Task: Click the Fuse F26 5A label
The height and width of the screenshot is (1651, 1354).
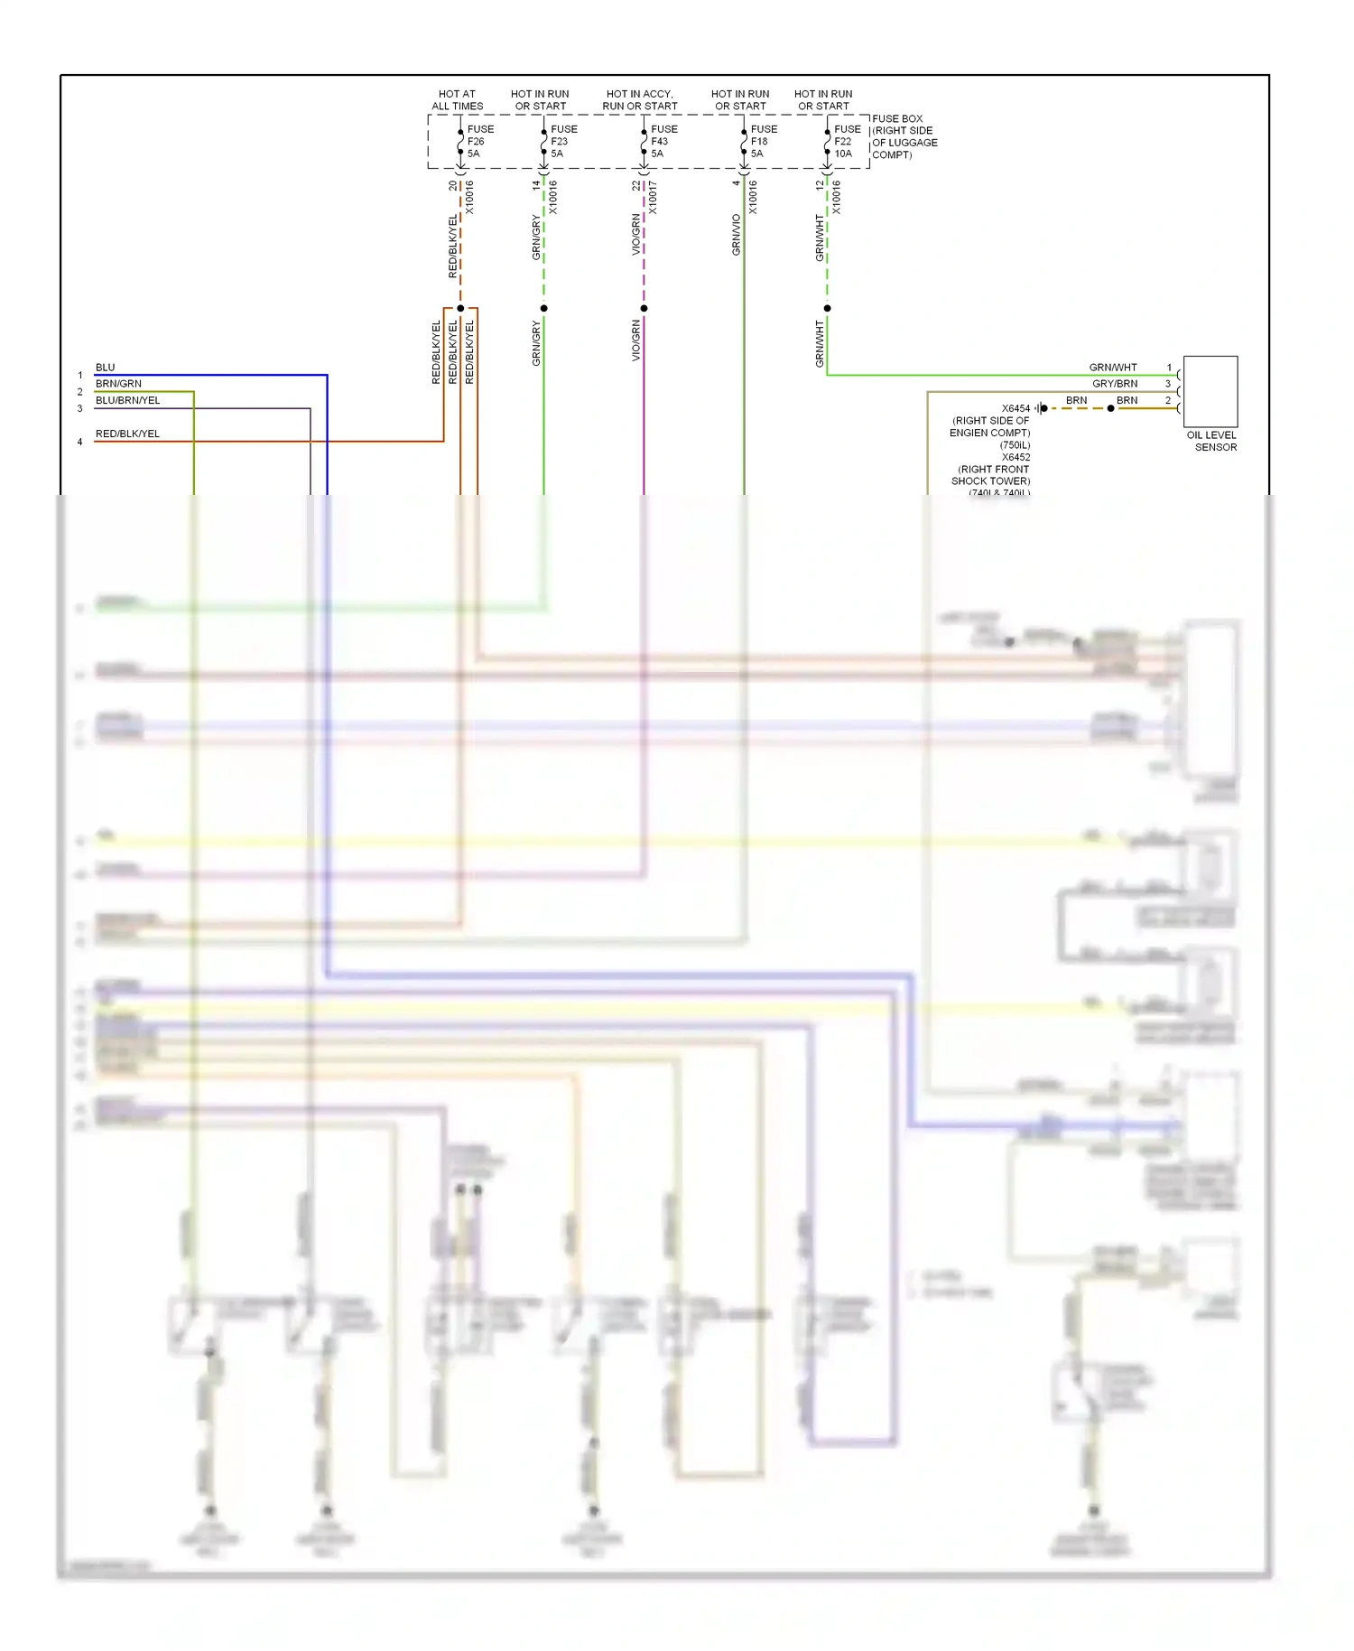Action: pos(479,142)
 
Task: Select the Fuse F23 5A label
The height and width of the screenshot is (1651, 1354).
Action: pos(563,142)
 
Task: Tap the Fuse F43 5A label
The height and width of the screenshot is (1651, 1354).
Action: pos(663,142)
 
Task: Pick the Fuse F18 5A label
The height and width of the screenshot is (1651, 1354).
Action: pos(763,142)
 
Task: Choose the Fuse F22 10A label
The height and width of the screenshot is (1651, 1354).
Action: pos(847,142)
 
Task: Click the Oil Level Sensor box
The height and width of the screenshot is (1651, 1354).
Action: pos(1210,392)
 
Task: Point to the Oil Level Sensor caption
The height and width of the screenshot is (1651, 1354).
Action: pos(1211,441)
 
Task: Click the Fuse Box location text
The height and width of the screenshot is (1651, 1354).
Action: pos(904,136)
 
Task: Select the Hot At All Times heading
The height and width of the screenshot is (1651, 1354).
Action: pos(457,99)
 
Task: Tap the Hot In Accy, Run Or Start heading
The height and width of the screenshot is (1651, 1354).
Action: pos(639,99)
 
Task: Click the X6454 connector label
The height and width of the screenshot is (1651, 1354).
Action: pos(1015,408)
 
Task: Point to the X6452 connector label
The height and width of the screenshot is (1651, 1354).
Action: pos(1015,457)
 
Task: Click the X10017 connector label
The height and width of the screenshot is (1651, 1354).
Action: pos(653,197)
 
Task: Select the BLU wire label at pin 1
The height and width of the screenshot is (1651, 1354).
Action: pos(106,368)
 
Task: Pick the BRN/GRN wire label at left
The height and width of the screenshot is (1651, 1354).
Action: pos(118,384)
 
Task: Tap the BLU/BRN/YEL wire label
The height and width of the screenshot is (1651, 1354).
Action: pos(128,400)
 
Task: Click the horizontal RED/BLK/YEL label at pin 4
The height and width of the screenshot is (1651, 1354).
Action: pos(127,434)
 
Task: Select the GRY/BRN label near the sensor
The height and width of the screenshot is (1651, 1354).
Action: pos(1114,384)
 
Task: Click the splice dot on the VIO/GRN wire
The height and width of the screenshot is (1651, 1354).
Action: pos(644,309)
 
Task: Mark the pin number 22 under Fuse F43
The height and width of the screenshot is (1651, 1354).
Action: pos(635,185)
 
